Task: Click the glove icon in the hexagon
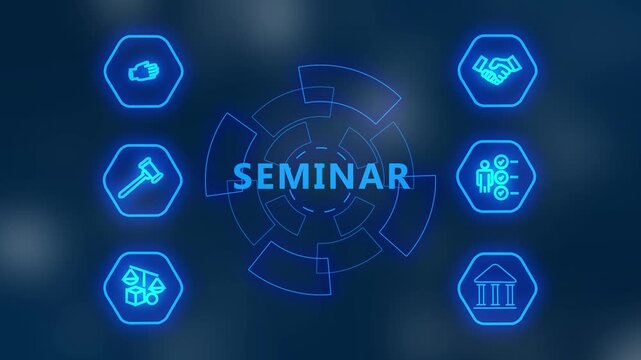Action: point(144,72)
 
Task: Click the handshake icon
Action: point(497,70)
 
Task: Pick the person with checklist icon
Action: point(497,177)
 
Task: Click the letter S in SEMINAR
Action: point(243,176)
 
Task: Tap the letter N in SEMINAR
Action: point(346,176)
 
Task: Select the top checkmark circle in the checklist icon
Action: point(503,161)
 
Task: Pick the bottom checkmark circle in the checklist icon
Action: point(503,193)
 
